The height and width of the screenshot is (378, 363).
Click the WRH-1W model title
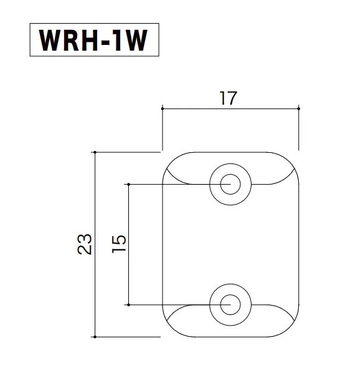[x=93, y=41]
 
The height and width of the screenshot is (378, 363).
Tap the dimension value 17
[x=229, y=98]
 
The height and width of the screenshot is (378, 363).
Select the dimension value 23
[x=85, y=245]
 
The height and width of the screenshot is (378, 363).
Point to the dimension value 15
[x=119, y=244]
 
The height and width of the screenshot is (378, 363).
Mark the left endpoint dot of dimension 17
[x=163, y=109]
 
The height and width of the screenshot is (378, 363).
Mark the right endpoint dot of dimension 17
[x=299, y=109]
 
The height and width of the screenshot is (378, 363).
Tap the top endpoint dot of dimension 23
[x=95, y=152]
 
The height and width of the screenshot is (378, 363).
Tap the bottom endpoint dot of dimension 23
[x=95, y=337]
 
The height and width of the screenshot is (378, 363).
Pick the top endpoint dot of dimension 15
[x=128, y=185]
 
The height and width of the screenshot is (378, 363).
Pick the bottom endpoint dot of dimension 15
[x=128, y=305]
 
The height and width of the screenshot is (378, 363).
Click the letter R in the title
[x=71, y=41]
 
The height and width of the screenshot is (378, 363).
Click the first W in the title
[x=50, y=41]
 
